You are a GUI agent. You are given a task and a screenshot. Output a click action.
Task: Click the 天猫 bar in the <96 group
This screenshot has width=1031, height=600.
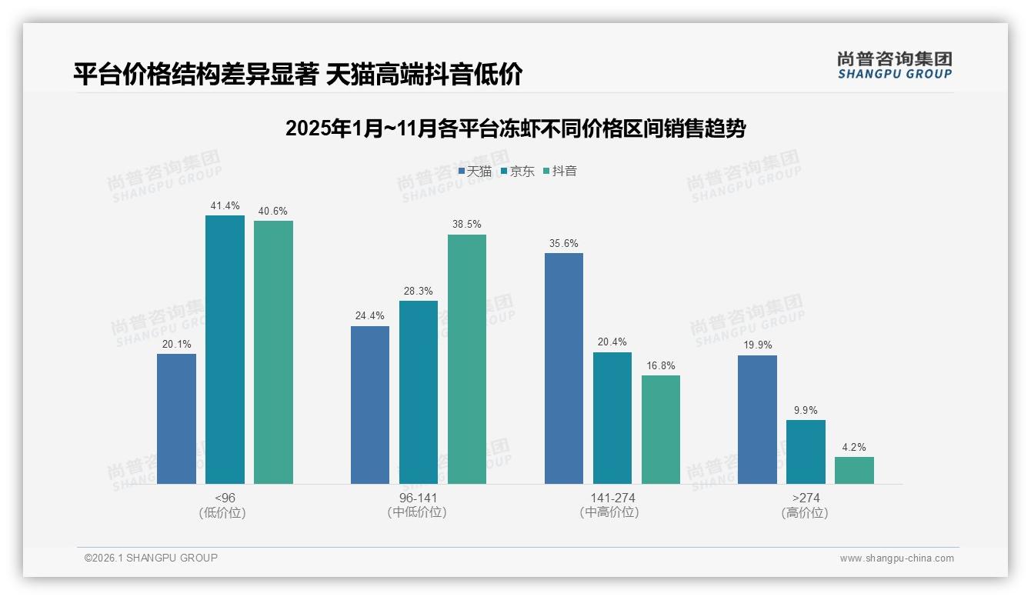pos(176,418)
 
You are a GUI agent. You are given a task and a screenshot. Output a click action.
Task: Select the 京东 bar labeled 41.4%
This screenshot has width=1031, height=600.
pos(225,349)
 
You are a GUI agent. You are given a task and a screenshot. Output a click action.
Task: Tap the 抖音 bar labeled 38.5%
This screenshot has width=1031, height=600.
pos(467,358)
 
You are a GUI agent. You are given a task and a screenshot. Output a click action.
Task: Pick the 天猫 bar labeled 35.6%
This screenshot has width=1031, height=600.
pos(564,368)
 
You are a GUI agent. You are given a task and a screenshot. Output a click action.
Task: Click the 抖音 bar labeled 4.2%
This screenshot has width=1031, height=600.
pos(854,470)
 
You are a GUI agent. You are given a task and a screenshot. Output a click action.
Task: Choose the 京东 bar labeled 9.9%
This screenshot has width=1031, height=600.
pos(806,452)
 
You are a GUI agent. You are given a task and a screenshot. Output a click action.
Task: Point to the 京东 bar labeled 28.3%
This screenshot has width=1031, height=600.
pos(419,392)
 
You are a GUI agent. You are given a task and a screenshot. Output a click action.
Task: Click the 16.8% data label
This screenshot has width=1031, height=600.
pos(660,365)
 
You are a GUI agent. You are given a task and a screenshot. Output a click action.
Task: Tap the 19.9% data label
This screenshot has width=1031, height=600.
pos(757,345)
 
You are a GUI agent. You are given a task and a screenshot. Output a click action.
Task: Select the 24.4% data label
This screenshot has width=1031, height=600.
pos(370,315)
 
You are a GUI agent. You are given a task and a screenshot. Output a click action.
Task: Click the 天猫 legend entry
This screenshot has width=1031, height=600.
pos(475,171)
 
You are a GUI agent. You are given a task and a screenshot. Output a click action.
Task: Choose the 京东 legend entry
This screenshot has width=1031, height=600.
pos(517,171)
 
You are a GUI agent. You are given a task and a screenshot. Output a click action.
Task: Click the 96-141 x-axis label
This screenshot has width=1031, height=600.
pos(418,498)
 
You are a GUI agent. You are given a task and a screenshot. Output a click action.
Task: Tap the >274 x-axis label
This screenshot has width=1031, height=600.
pos(806,498)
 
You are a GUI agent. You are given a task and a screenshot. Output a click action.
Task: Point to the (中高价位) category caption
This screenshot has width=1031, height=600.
pos(612,512)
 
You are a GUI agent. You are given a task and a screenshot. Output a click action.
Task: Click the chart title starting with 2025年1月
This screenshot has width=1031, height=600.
pos(515,128)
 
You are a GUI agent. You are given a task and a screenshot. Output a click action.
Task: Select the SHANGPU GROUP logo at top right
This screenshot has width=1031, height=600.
pos(895,65)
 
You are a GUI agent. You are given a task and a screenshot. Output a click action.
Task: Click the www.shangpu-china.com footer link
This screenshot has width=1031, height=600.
pos(896,558)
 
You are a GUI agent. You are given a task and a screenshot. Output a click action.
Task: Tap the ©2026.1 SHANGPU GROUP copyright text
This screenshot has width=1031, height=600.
pos(151,558)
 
